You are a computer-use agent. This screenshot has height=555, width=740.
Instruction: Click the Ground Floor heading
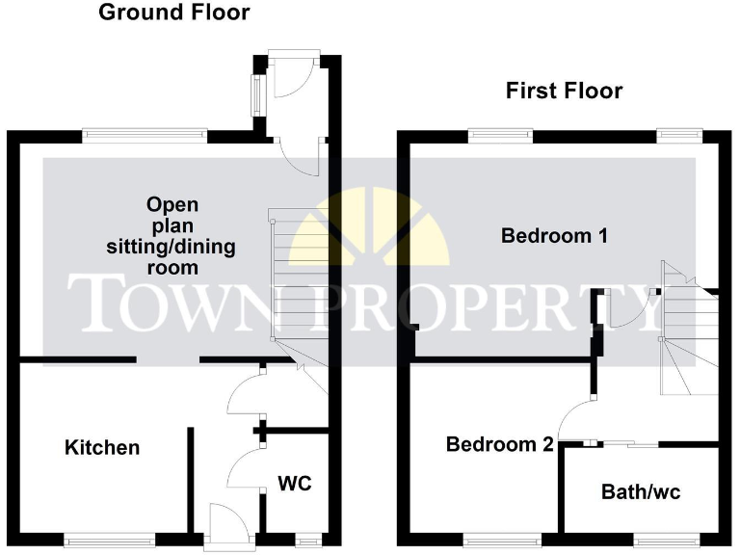pyautogui.click(x=174, y=13)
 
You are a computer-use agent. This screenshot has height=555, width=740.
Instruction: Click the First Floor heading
pyautogui.click(x=565, y=91)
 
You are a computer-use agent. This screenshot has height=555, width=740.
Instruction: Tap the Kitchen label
pyautogui.click(x=102, y=447)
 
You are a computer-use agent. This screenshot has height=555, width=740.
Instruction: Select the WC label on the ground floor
pyautogui.click(x=295, y=483)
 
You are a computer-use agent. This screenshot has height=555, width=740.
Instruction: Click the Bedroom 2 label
pyautogui.click(x=499, y=444)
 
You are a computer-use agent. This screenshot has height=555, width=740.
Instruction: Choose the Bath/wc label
pyautogui.click(x=641, y=492)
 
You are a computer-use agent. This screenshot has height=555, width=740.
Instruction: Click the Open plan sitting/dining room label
pyautogui.click(x=172, y=235)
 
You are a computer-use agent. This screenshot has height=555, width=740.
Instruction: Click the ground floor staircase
pyautogui.click(x=294, y=279)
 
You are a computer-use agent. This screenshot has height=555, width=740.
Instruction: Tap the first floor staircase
pyautogui.click(x=687, y=328)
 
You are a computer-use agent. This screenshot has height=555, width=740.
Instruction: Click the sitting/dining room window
pyautogui.click(x=144, y=135)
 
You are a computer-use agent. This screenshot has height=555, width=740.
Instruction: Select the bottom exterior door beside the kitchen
pyautogui.click(x=227, y=525)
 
